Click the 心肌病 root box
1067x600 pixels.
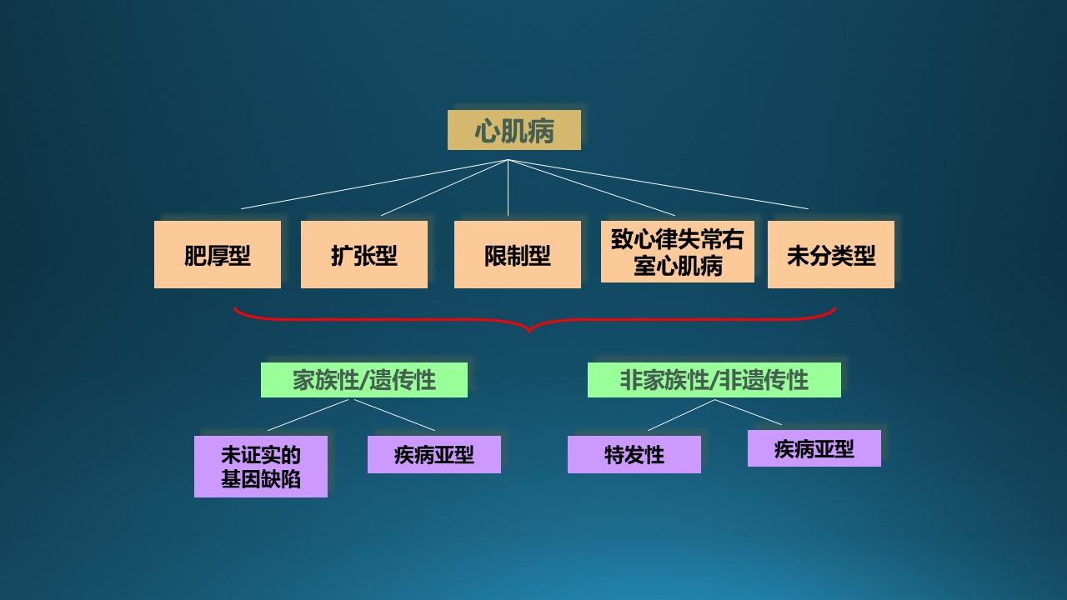click(x=514, y=130)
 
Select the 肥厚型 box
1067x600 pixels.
click(x=218, y=254)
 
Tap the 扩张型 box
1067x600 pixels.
click(x=364, y=254)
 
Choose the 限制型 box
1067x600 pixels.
click(x=518, y=254)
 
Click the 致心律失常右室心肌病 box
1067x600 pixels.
click(x=678, y=252)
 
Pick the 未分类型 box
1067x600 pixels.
click(x=831, y=254)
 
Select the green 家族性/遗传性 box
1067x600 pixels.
click(x=364, y=380)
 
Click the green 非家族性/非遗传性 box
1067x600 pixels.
click(x=714, y=380)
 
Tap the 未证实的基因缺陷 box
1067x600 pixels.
click(x=261, y=467)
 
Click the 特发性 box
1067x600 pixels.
click(x=634, y=454)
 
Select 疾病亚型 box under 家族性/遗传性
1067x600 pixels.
click(x=434, y=454)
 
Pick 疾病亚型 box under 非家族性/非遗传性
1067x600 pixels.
click(x=814, y=448)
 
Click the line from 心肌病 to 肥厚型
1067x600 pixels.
click(x=374, y=184)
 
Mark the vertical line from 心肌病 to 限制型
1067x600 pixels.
click(x=508, y=187)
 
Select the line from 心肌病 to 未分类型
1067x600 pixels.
click(x=659, y=184)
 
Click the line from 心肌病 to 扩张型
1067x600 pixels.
click(x=444, y=187)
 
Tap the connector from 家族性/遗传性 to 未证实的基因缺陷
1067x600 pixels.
click(x=308, y=415)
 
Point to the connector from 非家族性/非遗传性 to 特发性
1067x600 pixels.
click(x=681, y=415)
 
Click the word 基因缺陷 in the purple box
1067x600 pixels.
click(x=261, y=479)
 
